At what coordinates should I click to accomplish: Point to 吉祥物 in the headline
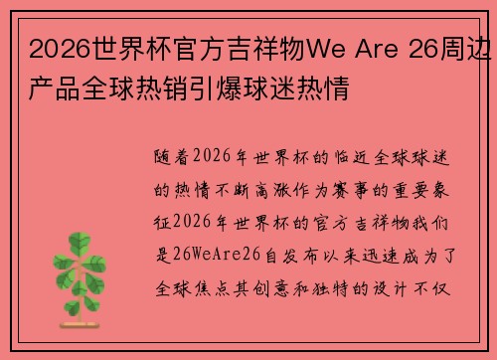pyautogui.click(x=257, y=46)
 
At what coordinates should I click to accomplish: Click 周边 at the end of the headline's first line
pyautogui.click(x=476, y=46)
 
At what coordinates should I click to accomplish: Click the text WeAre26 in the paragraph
pyautogui.click(x=223, y=254)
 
